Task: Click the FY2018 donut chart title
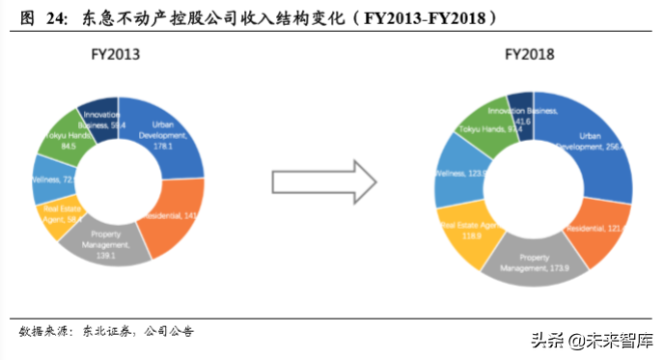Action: [x=530, y=55]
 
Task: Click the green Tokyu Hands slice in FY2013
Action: [x=64, y=142]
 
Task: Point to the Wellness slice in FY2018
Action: [x=454, y=174]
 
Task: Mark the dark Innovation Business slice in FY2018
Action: [x=521, y=112]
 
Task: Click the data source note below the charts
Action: [x=106, y=331]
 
